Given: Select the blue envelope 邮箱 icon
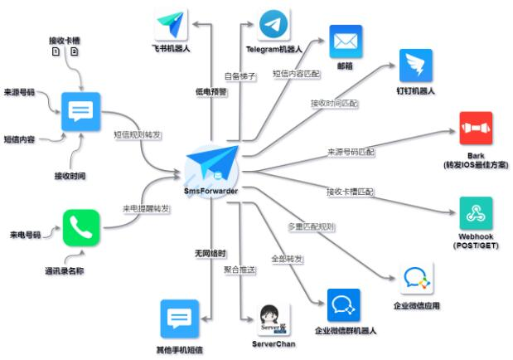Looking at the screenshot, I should (x=346, y=41).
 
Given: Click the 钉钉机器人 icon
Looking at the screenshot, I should (x=416, y=65).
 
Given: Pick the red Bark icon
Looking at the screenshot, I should (x=476, y=129).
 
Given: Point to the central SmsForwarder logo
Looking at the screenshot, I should (x=213, y=165).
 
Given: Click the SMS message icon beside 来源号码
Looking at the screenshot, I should (x=81, y=110).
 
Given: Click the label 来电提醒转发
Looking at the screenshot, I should (x=147, y=207).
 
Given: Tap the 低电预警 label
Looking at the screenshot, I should (x=211, y=91).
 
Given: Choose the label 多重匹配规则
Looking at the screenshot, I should (x=311, y=226).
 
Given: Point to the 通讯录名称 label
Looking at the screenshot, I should (x=65, y=270).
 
